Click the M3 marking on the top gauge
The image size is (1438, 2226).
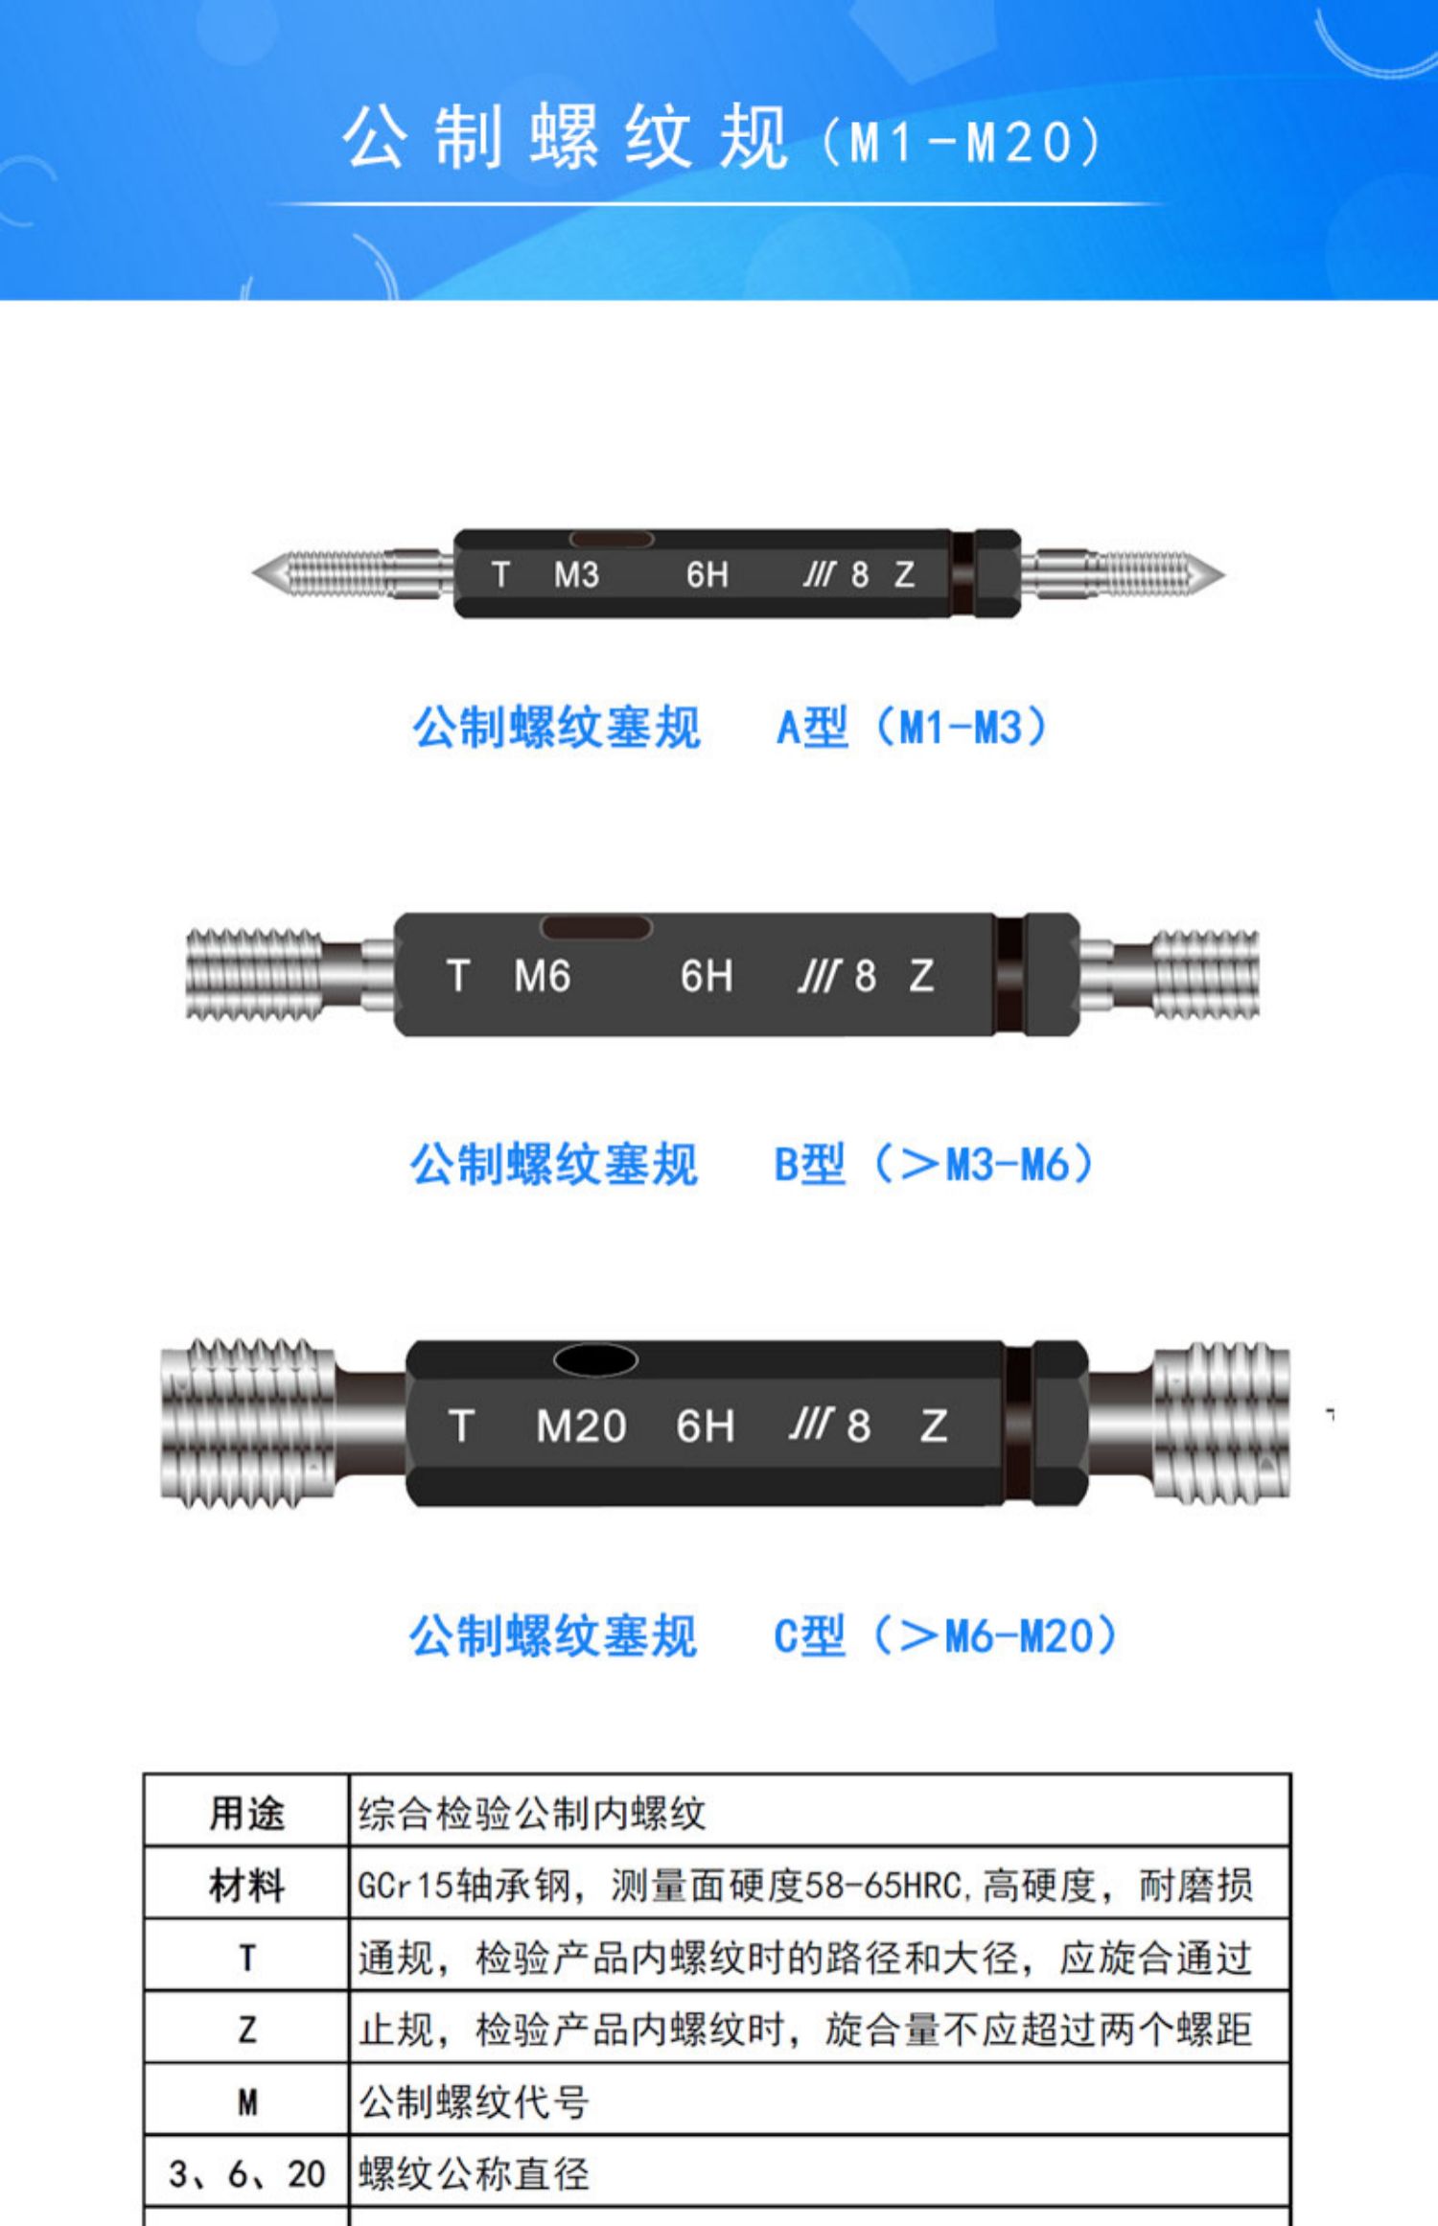click(x=576, y=574)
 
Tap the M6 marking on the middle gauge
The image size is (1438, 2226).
click(x=542, y=977)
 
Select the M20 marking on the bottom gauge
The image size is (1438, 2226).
click(x=581, y=1426)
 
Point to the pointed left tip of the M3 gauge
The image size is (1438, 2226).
click(x=253, y=573)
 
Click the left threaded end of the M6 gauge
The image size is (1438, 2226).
click(x=254, y=974)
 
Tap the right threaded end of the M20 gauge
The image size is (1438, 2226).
click(x=1220, y=1422)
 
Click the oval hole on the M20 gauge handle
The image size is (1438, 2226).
click(x=595, y=1359)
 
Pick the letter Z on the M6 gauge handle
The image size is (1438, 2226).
click(x=921, y=977)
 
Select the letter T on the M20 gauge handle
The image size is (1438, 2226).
click(x=461, y=1426)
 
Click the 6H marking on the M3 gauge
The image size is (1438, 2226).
click(x=707, y=574)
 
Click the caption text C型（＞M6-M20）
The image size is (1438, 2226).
click(x=945, y=1635)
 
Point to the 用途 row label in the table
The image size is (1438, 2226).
click(x=247, y=1814)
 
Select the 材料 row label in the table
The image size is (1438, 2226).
click(x=247, y=1886)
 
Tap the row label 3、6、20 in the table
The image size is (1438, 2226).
click(x=247, y=2174)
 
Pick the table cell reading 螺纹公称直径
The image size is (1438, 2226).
click(x=474, y=2174)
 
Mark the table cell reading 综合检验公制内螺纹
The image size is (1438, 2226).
click(x=532, y=1814)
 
